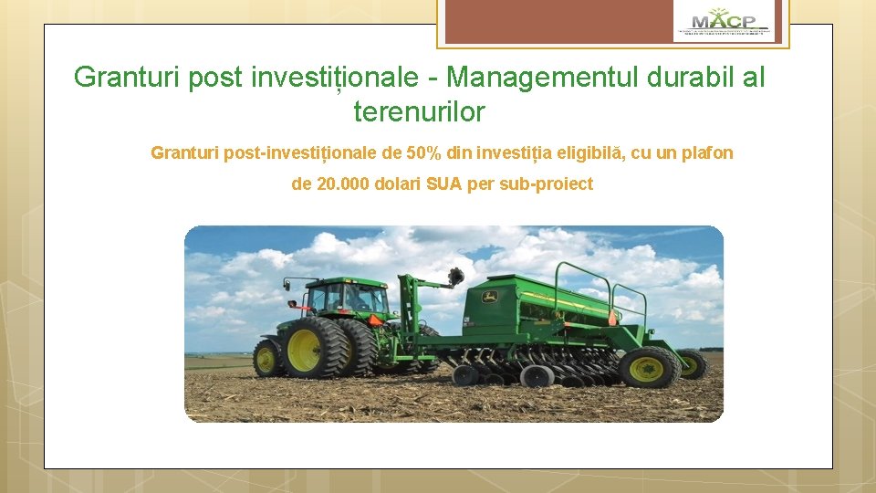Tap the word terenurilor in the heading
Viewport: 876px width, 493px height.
point(419,112)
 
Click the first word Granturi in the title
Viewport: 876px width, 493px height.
point(127,77)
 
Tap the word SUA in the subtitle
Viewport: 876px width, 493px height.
point(444,184)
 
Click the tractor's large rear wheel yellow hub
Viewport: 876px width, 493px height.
point(304,350)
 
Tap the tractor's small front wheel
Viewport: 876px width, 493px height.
point(266,359)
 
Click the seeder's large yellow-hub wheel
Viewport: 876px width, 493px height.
point(647,367)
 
